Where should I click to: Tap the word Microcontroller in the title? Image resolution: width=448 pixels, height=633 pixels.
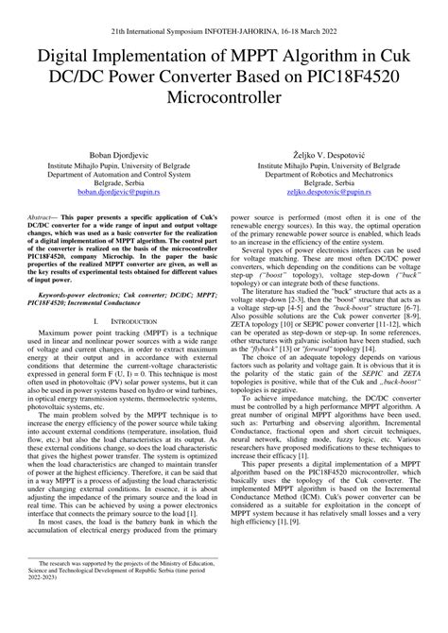[x=224, y=96]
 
